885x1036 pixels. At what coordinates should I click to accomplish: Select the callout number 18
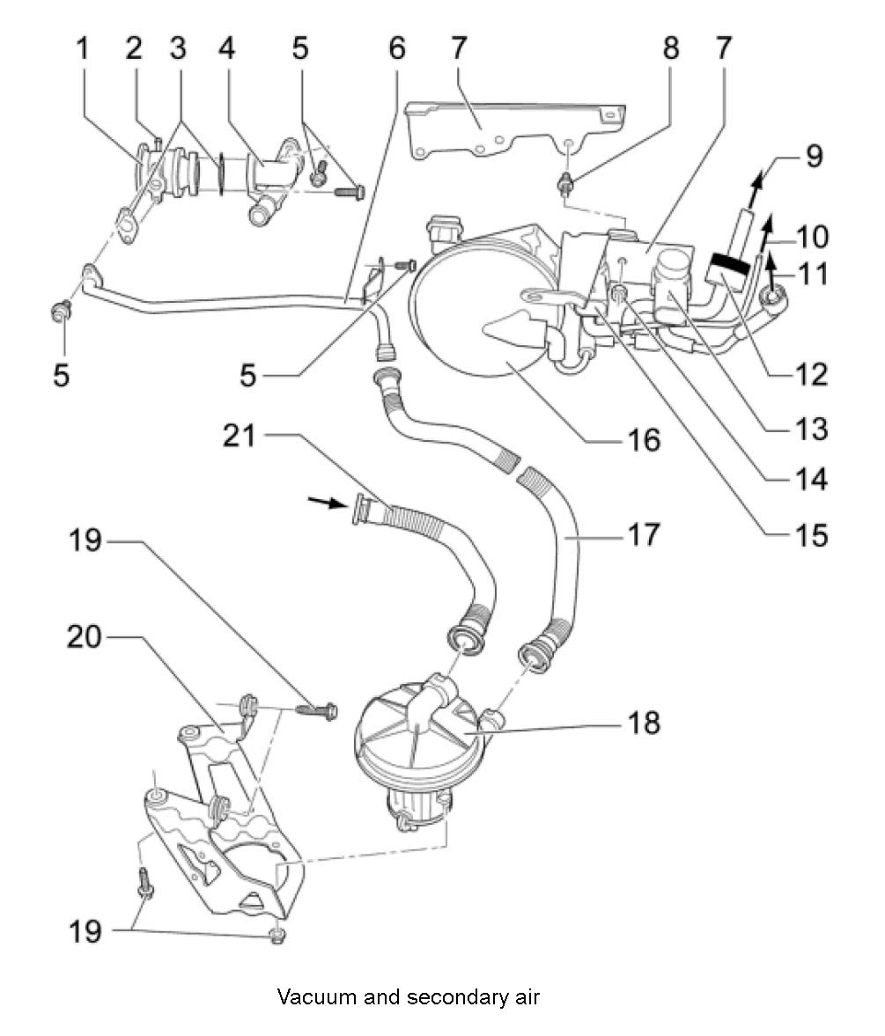643,723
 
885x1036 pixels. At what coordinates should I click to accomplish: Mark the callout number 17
643,534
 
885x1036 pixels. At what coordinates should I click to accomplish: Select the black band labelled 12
730,261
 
